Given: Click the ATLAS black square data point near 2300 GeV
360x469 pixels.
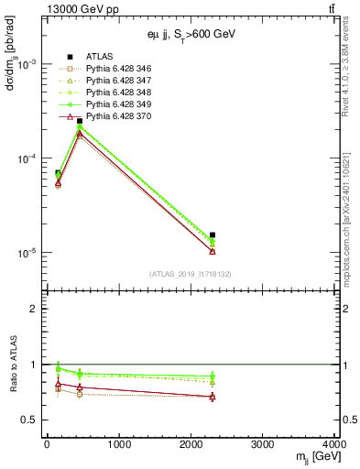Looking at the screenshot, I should tap(213, 235).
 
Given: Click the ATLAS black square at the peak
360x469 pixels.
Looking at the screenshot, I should tap(80, 121).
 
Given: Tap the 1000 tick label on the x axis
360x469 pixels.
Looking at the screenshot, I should tap(118, 445).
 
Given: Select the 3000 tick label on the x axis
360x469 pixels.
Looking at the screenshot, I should tap(263, 445).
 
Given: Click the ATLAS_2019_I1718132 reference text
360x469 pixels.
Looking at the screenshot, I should tap(190, 274).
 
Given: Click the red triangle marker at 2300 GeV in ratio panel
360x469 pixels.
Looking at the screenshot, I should tap(213, 397).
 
